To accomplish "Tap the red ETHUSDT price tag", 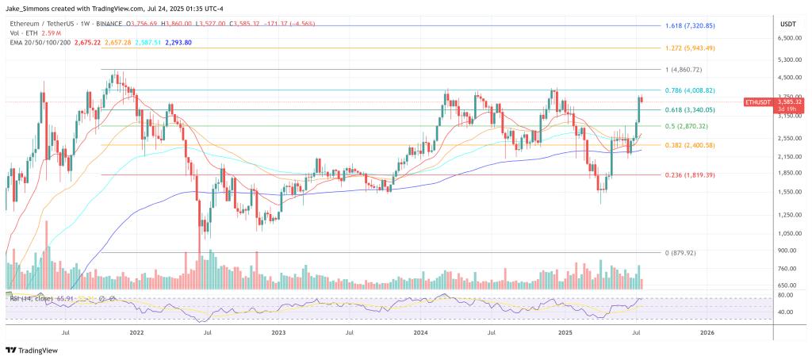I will pos(757,102).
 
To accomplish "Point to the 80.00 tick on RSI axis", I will pos(787,294).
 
